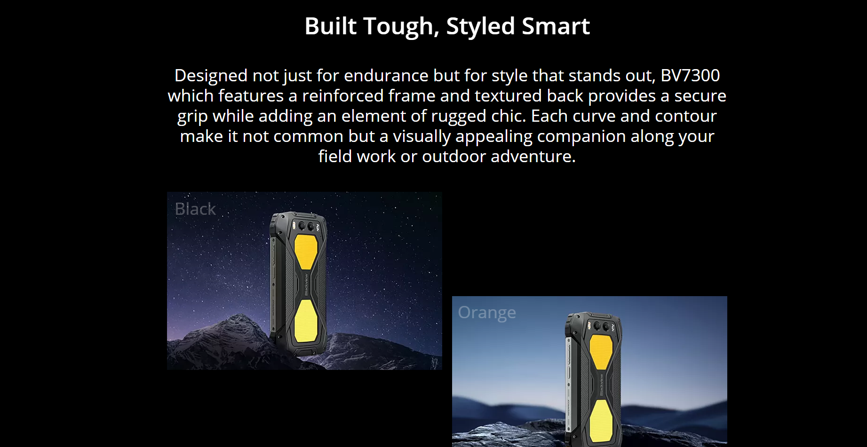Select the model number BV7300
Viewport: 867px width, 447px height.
coord(690,75)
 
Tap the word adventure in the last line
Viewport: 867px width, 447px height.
coord(533,156)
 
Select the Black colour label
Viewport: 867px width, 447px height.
coord(195,209)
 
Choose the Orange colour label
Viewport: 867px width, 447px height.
coord(487,313)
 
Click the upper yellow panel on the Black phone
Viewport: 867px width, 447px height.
coord(306,251)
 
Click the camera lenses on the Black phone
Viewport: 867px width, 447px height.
coord(307,226)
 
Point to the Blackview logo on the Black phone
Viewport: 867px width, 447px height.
coord(306,285)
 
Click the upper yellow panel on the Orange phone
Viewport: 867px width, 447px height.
coord(601,352)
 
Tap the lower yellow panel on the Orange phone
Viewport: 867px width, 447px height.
coord(601,421)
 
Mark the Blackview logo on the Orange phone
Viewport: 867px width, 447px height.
coord(601,385)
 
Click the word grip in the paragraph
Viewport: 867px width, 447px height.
coord(192,117)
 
